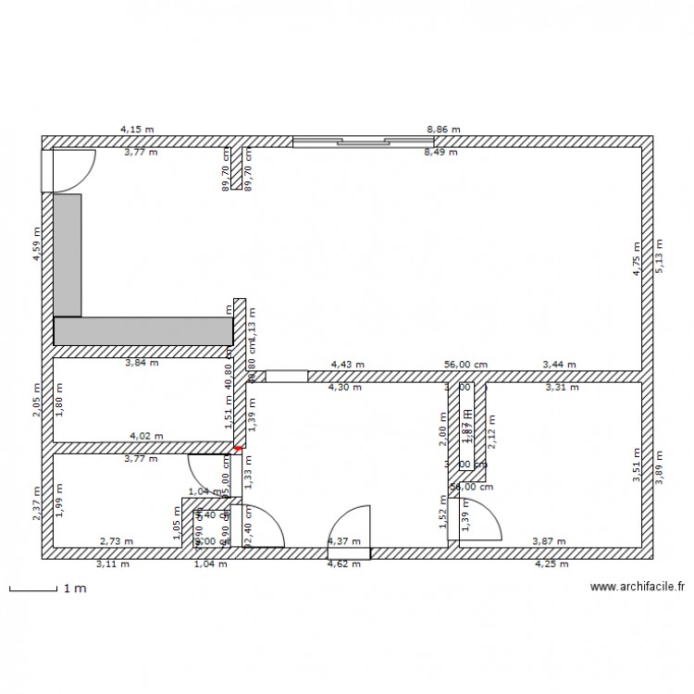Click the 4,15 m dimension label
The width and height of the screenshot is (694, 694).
(137, 130)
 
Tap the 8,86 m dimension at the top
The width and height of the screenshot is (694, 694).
(442, 130)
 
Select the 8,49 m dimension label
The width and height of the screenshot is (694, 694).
(440, 153)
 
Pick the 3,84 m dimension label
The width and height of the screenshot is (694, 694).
(142, 363)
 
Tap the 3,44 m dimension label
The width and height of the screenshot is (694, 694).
(559, 366)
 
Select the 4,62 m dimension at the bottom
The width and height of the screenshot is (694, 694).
(344, 563)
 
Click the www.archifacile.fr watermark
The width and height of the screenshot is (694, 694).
(638, 586)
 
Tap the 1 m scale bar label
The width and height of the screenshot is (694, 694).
(74, 588)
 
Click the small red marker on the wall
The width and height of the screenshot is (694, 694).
(238, 449)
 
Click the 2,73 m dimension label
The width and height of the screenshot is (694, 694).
(117, 541)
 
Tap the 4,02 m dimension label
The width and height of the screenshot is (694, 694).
(146, 435)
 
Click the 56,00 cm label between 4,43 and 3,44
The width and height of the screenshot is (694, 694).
(465, 366)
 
